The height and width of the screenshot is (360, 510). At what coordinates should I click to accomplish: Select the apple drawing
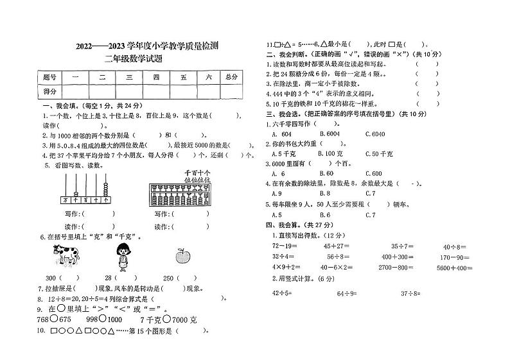pyautogui.click(x=182, y=257)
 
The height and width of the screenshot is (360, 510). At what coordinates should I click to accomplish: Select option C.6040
pyautogui.click(x=374, y=133)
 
